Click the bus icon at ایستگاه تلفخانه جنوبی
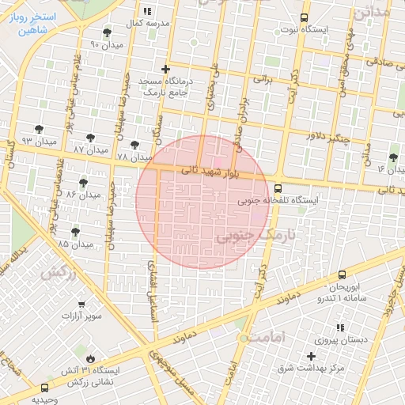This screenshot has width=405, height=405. (x=278, y=188)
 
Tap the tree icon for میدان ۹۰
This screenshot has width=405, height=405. (x=108, y=32)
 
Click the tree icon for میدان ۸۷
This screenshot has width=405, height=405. (x=91, y=138)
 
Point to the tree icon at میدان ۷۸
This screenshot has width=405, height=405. (x=135, y=146)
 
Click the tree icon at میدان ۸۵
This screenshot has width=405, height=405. (x=75, y=232)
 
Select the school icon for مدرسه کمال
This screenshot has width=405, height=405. (x=147, y=12)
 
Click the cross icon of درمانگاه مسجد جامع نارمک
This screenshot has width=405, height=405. (x=165, y=70)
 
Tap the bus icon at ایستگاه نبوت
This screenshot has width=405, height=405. (x=305, y=18)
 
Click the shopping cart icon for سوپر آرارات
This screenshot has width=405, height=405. (x=82, y=305)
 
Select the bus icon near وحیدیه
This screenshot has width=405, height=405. (x=44, y=388)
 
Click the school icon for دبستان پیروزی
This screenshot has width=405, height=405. (x=340, y=327)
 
